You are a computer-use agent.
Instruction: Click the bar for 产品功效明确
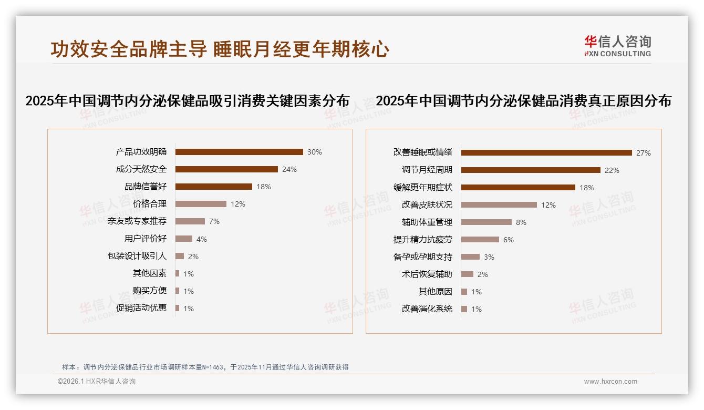pos(239,152)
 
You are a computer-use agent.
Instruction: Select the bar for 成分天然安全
pos(226,169)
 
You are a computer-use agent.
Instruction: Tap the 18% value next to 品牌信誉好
pos(264,187)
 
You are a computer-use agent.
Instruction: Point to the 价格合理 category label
pos(150,204)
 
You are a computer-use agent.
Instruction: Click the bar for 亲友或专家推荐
pos(190,221)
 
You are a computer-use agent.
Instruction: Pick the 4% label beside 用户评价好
pos(202,239)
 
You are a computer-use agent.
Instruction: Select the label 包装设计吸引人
pos(137,256)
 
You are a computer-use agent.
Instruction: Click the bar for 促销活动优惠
pos(178,308)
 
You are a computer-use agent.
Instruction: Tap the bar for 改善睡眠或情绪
pos(546,153)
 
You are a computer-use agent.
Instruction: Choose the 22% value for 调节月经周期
pos(612,170)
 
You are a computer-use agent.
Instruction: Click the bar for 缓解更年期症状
pos(518,188)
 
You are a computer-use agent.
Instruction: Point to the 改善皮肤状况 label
pos(427,205)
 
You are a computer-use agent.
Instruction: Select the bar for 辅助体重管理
pos(486,222)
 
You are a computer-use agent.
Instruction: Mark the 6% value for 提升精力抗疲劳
pos(509,240)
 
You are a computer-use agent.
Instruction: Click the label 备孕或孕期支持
pos(423,257)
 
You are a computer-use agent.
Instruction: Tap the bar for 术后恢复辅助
pos(468,274)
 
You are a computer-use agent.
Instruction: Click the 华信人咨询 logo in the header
pos(617,46)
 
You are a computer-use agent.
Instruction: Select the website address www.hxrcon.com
pos(610,382)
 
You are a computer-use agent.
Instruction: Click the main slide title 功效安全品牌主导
pos(129,49)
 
